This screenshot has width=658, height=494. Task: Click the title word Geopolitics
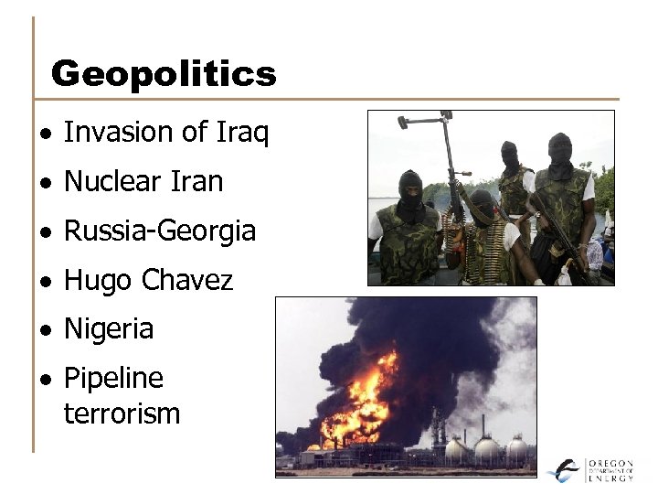click(164, 73)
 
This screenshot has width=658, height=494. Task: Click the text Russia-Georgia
click(159, 231)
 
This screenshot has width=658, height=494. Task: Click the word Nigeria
click(109, 329)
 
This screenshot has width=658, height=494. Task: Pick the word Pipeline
click(113, 379)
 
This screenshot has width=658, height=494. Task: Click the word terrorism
click(122, 413)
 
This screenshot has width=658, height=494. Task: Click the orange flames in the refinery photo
click(358, 403)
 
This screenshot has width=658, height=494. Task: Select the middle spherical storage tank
click(486, 450)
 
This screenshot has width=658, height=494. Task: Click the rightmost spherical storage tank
click(517, 449)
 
